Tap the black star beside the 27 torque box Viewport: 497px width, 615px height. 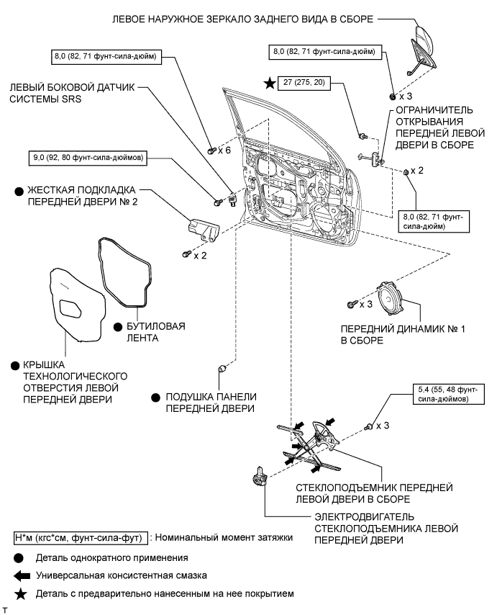269,84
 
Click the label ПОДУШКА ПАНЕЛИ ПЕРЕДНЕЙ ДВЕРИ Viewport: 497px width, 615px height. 210,403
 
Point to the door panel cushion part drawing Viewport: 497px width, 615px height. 222,369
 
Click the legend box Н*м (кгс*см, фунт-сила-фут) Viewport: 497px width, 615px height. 80,538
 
